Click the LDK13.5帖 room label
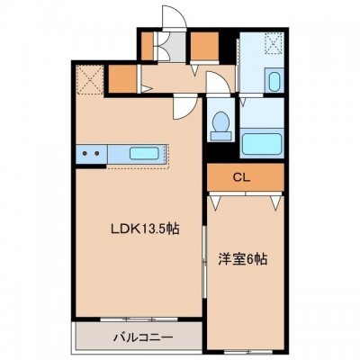[145, 229]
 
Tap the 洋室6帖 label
[242, 259]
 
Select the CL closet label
[242, 178]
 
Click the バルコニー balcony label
[143, 337]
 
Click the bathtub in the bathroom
[262, 144]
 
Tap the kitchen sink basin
[144, 153]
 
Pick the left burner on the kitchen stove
[85, 153]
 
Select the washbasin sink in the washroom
[274, 81]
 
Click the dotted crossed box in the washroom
[274, 43]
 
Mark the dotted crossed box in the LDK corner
[90, 79]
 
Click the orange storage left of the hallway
[122, 79]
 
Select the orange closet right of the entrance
[204, 46]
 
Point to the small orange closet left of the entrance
[147, 46]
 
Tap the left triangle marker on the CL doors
[215, 202]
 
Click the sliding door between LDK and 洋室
[204, 262]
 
